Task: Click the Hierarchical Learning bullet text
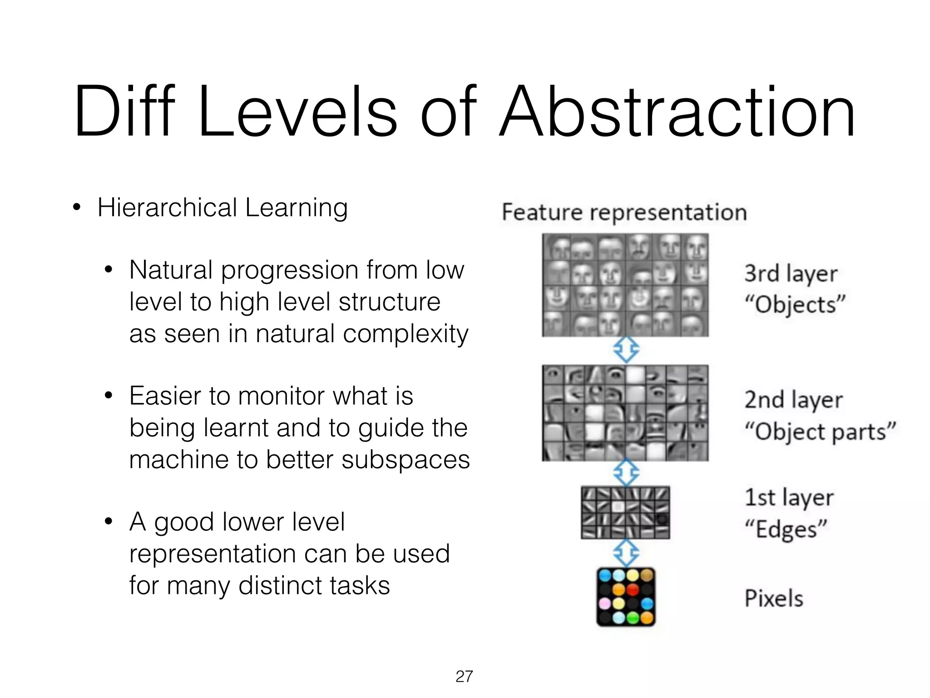223,208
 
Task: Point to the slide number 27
464,676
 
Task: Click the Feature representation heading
624,212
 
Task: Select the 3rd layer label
791,274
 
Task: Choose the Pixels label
774,598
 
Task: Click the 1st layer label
789,498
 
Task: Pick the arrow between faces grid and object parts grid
626,350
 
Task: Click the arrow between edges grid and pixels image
626,553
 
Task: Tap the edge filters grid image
625,513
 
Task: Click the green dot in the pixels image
633,618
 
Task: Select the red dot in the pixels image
633,590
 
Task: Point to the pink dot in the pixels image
605,603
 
